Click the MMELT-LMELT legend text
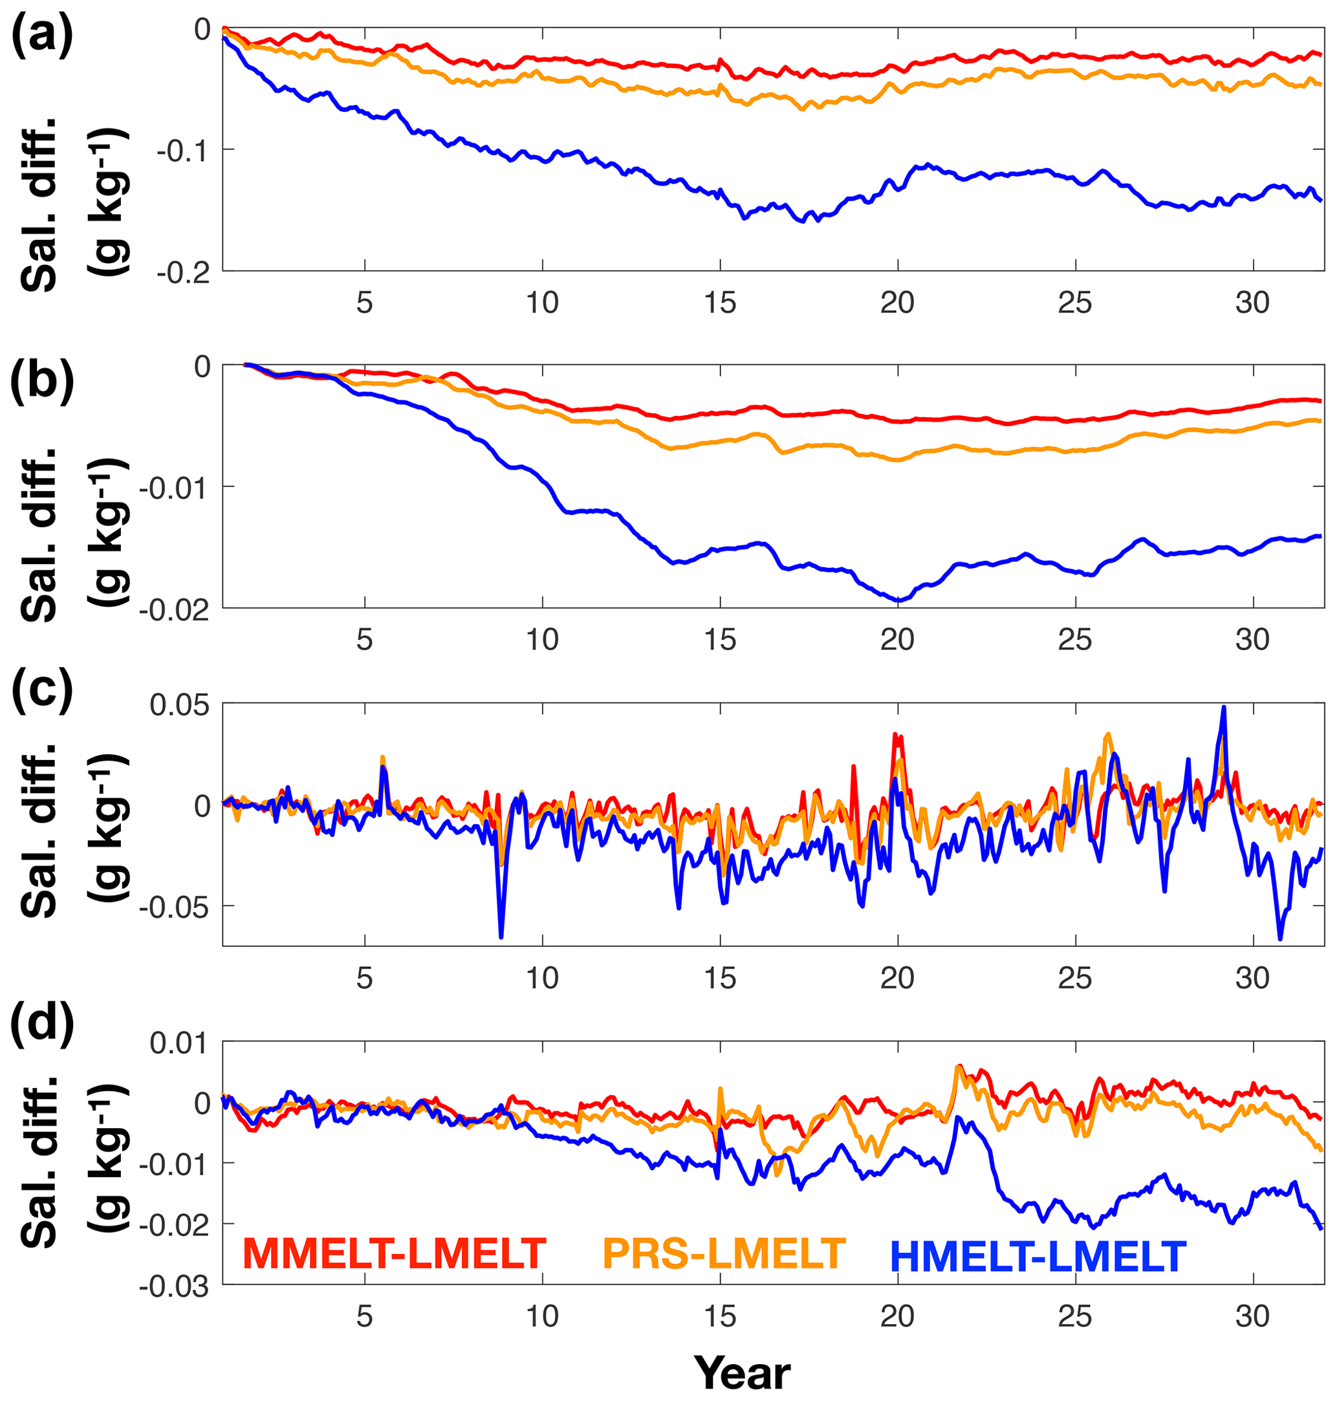394,1254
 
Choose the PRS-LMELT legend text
724,1254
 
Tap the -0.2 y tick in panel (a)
183,272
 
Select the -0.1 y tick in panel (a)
183,150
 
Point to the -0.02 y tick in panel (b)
175,609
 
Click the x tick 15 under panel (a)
721,303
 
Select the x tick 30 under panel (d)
1253,1318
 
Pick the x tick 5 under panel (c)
365,979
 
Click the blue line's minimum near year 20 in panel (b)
898,600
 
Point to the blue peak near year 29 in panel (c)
1224,708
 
